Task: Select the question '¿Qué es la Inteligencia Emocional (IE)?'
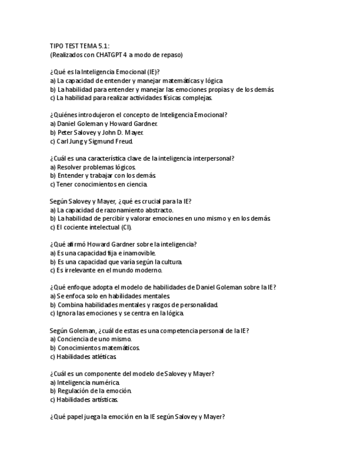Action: [109, 72]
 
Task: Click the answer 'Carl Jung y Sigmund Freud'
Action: [91, 141]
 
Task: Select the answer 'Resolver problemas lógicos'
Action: [92, 167]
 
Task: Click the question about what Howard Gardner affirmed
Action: [123, 244]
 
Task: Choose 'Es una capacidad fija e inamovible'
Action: [103, 253]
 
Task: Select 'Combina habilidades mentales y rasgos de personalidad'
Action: [134, 304]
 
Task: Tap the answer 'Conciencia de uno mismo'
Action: [91, 339]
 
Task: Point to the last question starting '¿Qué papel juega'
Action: [137, 417]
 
